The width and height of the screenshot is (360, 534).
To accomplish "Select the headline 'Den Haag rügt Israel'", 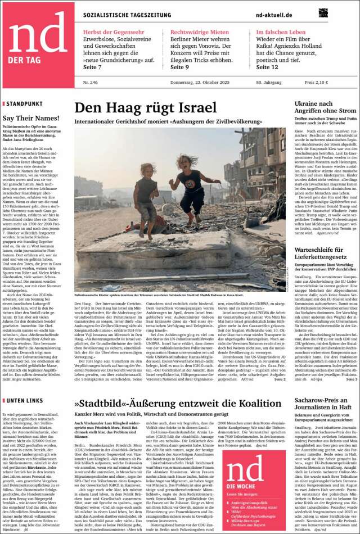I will pos(145,108).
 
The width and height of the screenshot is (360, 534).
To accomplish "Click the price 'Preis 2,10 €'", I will pos(316,83).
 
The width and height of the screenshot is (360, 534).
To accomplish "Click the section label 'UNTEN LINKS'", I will pos(24,401).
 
